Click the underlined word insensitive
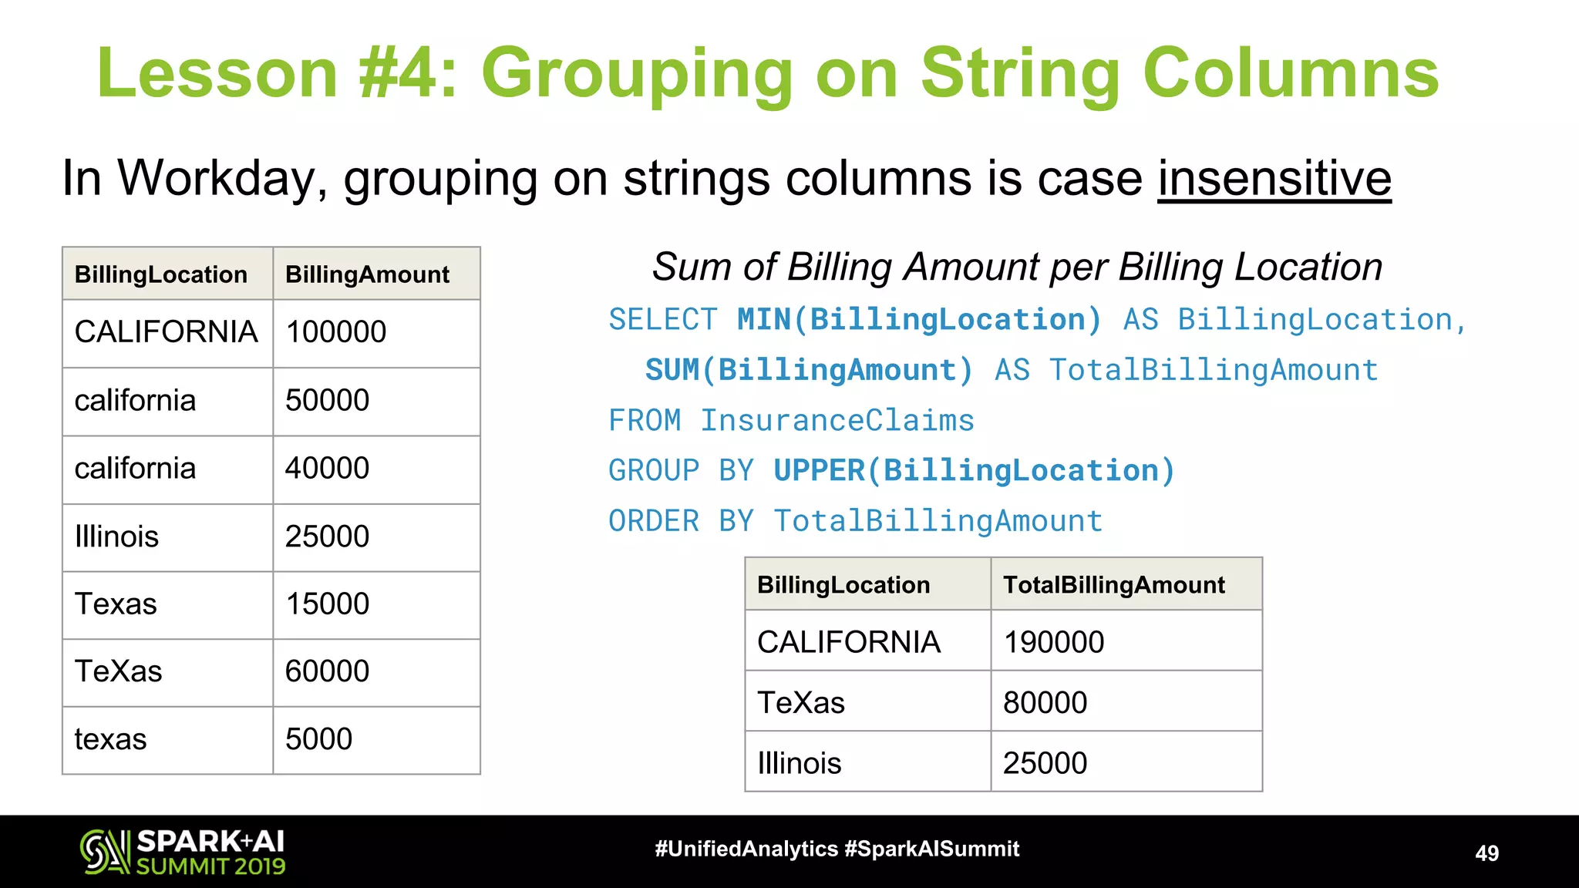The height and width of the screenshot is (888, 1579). pos(1274,179)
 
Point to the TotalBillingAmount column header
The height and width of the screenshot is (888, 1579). pos(1113,585)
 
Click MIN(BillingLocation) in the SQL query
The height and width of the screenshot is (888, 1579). pos(919,320)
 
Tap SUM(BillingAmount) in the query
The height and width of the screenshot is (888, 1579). pos(809,371)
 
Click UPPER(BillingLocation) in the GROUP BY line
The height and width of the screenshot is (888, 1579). pos(974,471)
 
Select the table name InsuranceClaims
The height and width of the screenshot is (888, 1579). pos(837,421)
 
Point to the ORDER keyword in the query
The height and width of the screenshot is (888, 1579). pos(654,522)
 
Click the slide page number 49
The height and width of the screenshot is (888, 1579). pos(1486,853)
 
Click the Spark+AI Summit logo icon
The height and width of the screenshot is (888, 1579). pos(105,852)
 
